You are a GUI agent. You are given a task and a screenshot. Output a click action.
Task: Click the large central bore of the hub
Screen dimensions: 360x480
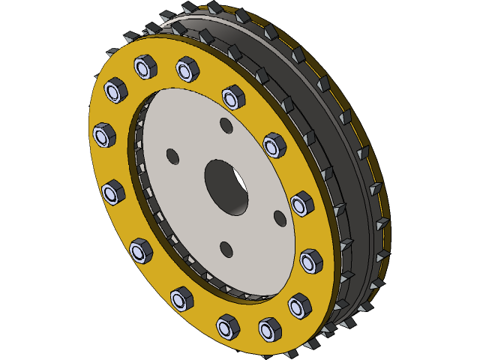point(226,186)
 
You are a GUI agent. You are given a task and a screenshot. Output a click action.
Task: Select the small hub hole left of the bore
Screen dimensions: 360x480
point(172,157)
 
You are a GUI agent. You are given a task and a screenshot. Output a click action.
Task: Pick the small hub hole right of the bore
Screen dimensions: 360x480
point(280,218)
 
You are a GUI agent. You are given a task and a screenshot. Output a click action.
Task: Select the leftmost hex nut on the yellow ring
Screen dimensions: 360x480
point(103,136)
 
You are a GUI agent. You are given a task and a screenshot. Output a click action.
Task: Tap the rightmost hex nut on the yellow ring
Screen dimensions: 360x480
point(311,261)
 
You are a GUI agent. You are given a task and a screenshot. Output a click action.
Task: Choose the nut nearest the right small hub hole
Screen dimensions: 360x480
point(301,203)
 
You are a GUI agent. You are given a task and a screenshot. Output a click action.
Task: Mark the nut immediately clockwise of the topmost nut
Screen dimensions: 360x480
point(187,70)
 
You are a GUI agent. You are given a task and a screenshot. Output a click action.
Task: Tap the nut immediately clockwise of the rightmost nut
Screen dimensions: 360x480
point(299,304)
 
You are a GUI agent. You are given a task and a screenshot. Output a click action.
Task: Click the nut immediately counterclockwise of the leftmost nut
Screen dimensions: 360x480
point(113,193)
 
